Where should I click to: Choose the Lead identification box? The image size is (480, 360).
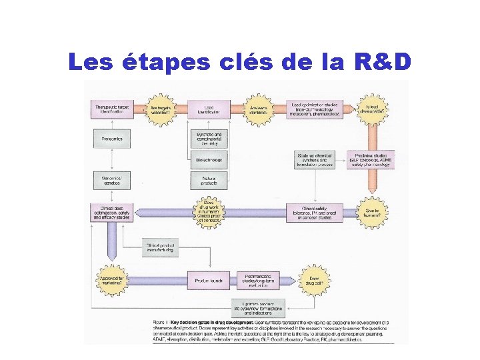(208, 109)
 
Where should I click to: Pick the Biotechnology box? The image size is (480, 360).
(208, 160)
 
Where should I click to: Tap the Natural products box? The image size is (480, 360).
(208, 180)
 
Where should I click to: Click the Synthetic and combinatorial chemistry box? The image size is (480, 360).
(208, 139)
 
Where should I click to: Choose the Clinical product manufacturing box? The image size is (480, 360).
(159, 247)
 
